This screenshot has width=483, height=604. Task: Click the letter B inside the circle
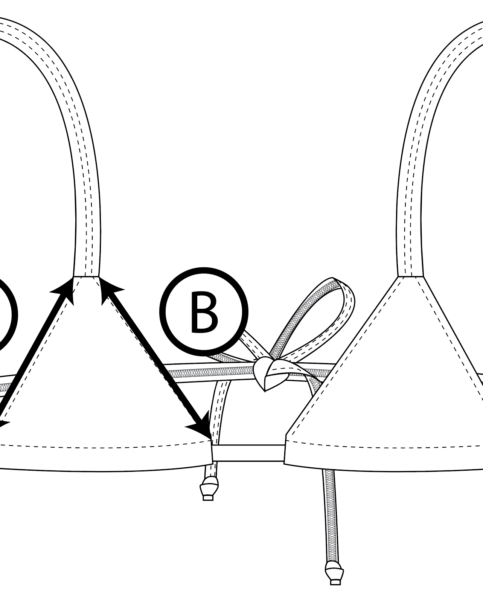coord(204,312)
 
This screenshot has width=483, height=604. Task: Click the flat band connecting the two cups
coord(248,453)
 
